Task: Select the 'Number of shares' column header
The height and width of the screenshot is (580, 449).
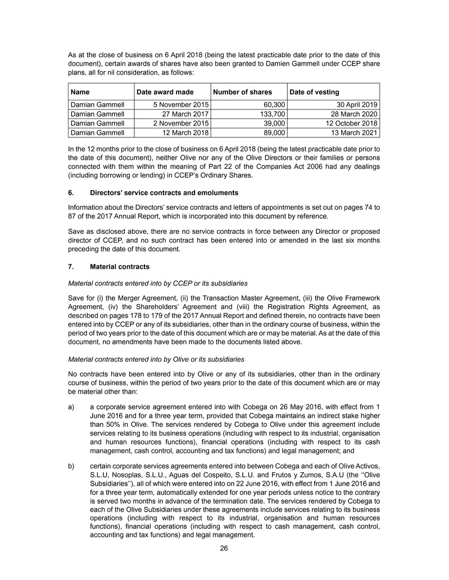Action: pyautogui.click(x=242, y=91)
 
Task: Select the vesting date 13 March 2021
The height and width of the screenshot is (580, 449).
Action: pyautogui.click(x=353, y=133)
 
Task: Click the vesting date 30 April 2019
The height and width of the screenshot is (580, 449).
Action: pyautogui.click(x=356, y=104)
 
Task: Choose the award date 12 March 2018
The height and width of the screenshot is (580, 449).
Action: pyautogui.click(x=181, y=133)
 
